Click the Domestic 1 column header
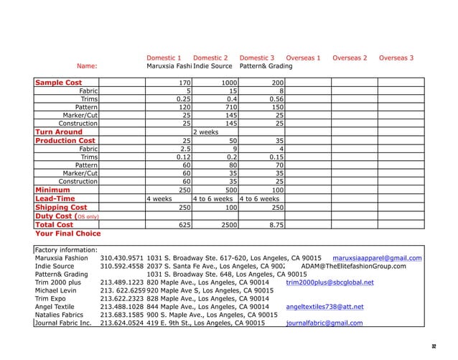(x=164, y=57)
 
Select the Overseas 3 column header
(x=396, y=57)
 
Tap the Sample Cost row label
(x=59, y=83)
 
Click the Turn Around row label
(x=59, y=132)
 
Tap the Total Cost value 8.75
(x=274, y=224)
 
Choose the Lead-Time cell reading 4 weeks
(x=159, y=198)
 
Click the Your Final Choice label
(x=68, y=234)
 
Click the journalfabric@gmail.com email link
(x=324, y=323)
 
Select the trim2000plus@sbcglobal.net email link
(x=330, y=282)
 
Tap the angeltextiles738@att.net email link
(x=324, y=306)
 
